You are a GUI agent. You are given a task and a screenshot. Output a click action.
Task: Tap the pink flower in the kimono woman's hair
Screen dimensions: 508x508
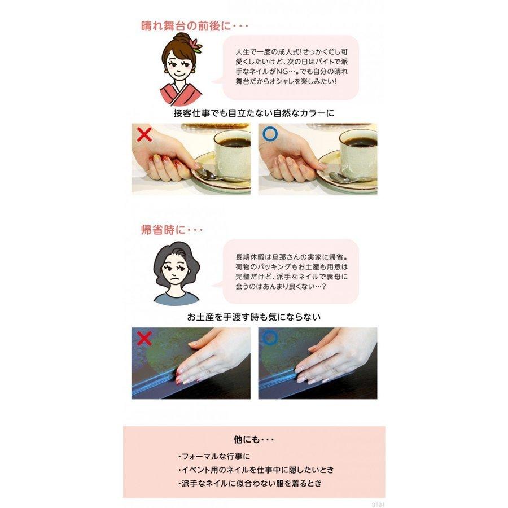[196, 45]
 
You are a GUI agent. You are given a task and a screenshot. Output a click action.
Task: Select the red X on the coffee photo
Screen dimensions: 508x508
[145, 135]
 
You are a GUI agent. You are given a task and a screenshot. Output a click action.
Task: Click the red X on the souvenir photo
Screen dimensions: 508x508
[145, 338]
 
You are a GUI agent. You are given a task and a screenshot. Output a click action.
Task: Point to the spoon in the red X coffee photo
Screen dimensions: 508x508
[217, 177]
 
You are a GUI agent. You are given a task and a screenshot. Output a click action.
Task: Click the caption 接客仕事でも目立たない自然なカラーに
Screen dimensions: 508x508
[254, 113]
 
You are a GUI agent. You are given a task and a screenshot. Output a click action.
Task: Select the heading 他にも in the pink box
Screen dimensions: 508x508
[254, 439]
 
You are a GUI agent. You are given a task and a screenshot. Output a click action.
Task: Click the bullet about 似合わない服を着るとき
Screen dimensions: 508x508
[251, 484]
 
